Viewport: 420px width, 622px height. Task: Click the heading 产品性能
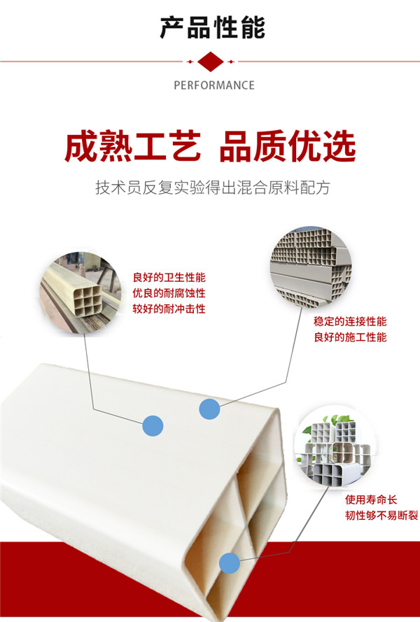click(x=212, y=28)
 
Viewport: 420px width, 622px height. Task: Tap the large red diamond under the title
click(x=211, y=62)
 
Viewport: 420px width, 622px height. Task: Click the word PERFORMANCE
click(x=214, y=85)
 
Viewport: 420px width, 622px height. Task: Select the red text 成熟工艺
click(x=132, y=146)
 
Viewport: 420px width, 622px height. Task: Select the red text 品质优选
click(x=287, y=146)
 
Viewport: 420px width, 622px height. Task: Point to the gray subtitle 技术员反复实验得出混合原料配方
click(x=212, y=188)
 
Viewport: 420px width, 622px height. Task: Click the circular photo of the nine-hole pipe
click(x=80, y=292)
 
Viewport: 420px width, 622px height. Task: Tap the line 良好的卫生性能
click(x=169, y=277)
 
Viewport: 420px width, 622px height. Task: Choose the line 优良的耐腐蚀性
click(x=169, y=293)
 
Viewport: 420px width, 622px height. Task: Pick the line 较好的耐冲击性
click(x=169, y=309)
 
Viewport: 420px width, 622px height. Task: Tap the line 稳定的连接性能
click(x=350, y=321)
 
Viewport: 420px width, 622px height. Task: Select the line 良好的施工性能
click(x=350, y=337)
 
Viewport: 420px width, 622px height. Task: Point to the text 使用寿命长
click(x=371, y=500)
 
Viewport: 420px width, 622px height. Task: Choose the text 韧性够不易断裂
click(x=381, y=515)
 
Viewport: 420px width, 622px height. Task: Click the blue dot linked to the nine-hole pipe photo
click(x=153, y=425)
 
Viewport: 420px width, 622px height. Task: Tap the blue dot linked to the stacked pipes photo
click(x=209, y=409)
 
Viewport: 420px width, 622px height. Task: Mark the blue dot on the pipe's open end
click(x=230, y=563)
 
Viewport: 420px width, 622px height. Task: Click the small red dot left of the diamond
click(x=190, y=62)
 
